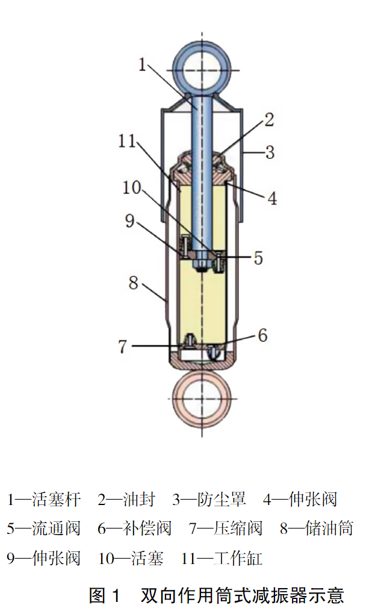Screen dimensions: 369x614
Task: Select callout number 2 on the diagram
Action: click(x=268, y=120)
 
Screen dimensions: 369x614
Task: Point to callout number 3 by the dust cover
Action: click(x=270, y=152)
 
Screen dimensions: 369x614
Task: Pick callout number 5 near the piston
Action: click(x=258, y=258)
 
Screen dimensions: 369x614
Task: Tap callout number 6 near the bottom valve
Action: click(x=262, y=335)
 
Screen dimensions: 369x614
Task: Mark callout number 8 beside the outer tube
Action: click(x=134, y=282)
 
